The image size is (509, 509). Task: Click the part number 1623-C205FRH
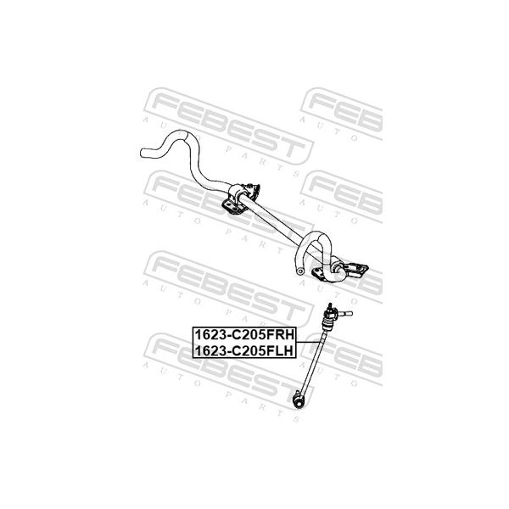point(244,334)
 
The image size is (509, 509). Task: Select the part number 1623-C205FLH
point(243,350)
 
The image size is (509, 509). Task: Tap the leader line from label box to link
point(308,342)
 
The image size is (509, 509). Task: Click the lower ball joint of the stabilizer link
point(298,400)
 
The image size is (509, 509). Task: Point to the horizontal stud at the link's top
point(344,313)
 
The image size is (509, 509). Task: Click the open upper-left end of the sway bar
point(143,153)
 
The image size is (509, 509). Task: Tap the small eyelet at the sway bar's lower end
point(300,271)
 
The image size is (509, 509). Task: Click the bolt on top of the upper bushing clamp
point(249,186)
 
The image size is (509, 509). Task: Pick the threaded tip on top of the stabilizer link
point(330,306)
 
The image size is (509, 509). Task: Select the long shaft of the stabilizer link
point(312,361)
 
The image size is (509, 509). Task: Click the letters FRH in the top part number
point(280,334)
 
